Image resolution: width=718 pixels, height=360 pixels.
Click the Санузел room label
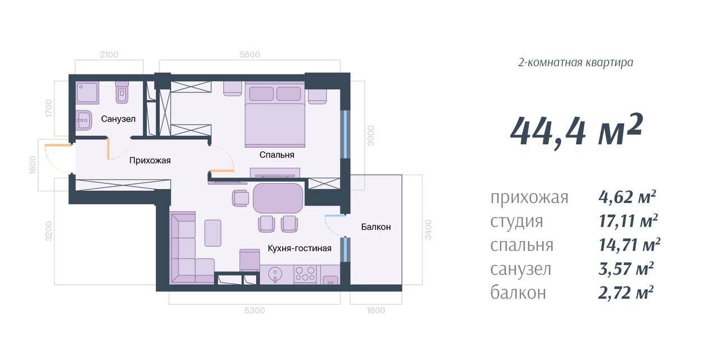pos(118,119)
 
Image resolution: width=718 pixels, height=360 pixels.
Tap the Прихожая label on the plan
pos(150,160)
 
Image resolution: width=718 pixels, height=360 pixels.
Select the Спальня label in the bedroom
pos(277,155)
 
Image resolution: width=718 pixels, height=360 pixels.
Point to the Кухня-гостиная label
pos(300,248)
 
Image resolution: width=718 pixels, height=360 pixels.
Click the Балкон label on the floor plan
pos(376,227)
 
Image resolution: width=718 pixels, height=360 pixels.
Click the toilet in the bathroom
pos(122,92)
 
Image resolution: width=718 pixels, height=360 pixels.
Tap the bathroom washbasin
pos(84,121)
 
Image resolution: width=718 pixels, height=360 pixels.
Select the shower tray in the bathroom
pos(87,93)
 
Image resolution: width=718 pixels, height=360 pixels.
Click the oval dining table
pos(278,198)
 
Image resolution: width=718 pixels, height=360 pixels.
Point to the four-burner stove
pos(305,274)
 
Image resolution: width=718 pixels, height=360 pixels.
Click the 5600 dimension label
pos(250,55)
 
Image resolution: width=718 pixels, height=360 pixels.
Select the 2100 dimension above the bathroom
pos(109,55)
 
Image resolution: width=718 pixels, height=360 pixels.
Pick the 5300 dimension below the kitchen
pos(255,310)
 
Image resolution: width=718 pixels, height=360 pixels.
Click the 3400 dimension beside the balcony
pos(428,230)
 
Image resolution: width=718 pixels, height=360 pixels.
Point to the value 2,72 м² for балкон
pos(626,293)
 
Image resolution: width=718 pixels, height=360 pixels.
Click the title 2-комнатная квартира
pos(576,62)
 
